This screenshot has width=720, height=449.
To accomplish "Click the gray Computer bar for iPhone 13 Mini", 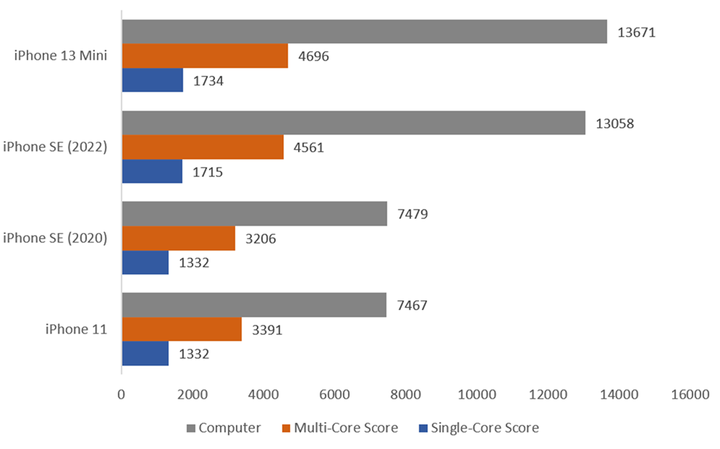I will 364,32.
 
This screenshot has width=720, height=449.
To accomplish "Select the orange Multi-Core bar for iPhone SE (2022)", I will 203,148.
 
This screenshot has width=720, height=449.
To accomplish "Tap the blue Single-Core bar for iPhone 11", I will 145,354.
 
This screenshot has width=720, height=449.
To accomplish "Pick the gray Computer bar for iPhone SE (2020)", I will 254,214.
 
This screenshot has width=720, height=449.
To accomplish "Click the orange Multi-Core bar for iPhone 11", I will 182,330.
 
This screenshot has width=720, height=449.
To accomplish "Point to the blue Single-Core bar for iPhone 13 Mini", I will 152,80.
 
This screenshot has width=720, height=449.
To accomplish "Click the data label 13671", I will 636,32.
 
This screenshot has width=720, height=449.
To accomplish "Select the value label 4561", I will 309,148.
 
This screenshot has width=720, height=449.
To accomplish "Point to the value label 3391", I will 267,330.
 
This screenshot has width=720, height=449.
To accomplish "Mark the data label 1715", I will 208,172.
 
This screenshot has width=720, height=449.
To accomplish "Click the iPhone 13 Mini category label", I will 61,56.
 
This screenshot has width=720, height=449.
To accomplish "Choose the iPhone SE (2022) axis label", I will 55,148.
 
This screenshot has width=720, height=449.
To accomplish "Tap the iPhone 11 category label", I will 76,330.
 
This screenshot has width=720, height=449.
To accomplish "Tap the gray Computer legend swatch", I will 191,428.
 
